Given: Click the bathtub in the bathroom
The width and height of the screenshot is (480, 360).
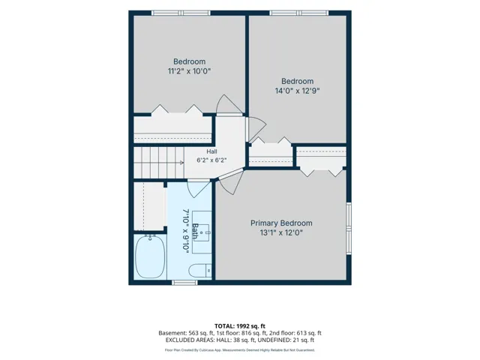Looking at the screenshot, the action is [150, 256].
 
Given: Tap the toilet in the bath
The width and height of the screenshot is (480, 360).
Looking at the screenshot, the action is [199, 271].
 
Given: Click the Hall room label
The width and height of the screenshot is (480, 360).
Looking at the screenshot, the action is [211, 151].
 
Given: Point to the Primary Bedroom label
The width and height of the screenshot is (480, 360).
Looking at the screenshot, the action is [281, 223].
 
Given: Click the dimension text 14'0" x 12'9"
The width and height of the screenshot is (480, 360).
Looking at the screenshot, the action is [297, 91].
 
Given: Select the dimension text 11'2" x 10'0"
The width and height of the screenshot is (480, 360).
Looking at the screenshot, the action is [190, 71].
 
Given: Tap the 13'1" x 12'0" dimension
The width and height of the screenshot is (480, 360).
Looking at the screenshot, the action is [281, 233].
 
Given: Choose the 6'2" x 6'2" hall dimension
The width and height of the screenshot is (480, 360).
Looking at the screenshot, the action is [211, 160].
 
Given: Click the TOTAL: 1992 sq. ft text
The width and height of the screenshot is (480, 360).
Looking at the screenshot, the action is [240, 326].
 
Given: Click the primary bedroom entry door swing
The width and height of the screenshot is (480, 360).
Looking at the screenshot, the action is [231, 181].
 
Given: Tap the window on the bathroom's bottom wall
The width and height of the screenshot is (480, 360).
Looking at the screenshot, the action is [184, 283].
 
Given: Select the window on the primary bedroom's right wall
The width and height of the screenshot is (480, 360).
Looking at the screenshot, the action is [349, 228].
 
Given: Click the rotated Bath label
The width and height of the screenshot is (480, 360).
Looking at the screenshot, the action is [195, 231].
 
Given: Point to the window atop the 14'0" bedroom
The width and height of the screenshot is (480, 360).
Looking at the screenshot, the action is [299, 13].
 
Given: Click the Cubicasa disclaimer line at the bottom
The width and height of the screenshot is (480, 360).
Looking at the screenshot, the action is [240, 350].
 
